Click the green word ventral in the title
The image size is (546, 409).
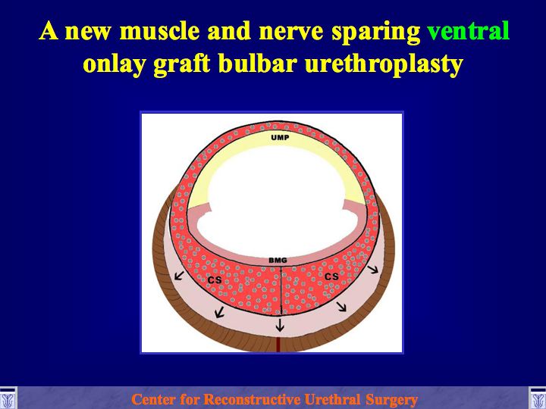(469, 31)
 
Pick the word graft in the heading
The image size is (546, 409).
(182, 64)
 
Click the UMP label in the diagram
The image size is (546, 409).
(280, 138)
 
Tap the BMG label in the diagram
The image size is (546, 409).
(278, 260)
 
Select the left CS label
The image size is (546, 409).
(215, 279)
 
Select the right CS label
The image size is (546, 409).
(331, 276)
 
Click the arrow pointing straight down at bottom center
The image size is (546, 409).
(280, 324)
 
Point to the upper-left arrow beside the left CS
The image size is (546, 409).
(179, 276)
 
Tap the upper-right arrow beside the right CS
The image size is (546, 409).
(373, 269)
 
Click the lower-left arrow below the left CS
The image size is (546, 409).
(219, 312)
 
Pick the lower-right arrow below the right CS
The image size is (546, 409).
(341, 306)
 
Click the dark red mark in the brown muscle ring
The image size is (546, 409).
(278, 345)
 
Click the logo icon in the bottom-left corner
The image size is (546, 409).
(8, 398)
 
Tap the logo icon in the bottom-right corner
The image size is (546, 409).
(538, 398)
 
